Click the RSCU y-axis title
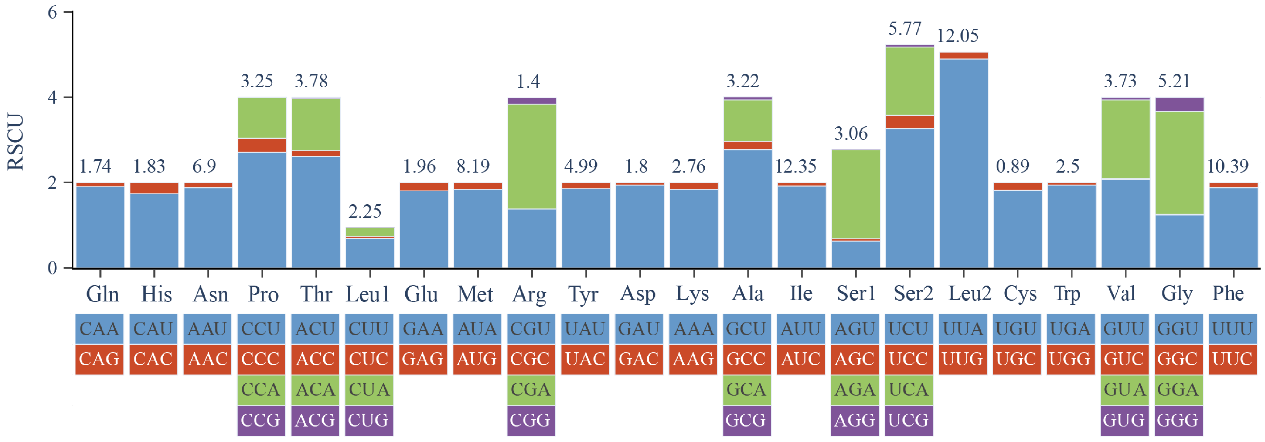[x=16, y=142]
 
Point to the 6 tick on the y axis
[x=52, y=12]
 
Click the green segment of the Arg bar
[x=532, y=156]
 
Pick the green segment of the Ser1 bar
[x=856, y=194]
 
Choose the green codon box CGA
[x=531, y=390]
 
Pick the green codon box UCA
[x=908, y=390]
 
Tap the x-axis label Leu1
[x=367, y=294]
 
